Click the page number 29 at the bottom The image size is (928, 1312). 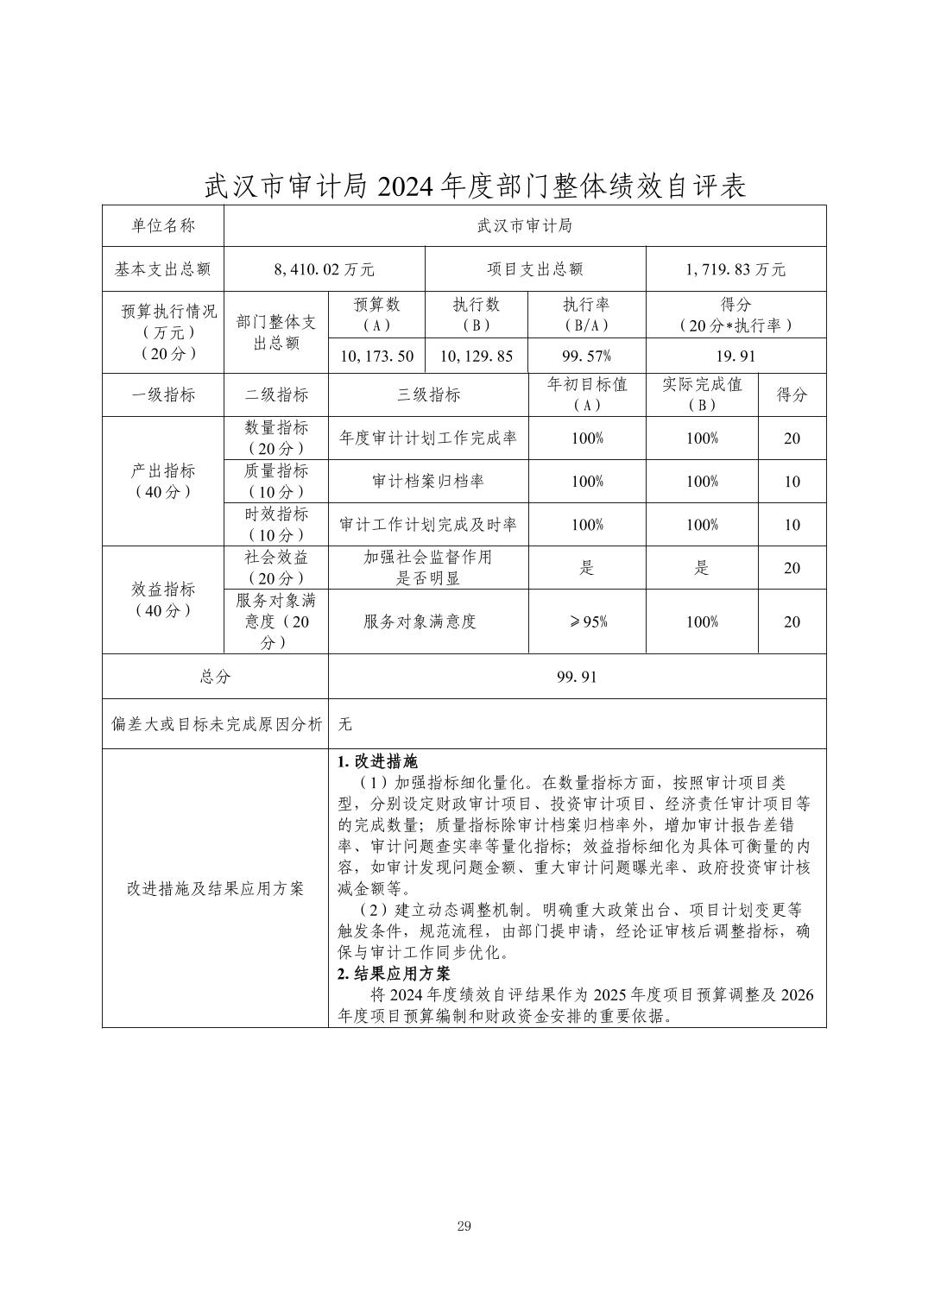464,1227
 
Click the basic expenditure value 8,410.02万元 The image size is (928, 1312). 324,269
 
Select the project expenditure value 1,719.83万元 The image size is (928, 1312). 735,269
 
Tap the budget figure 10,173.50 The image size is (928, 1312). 377,356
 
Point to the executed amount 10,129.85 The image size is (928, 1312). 477,356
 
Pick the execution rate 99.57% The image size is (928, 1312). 587,356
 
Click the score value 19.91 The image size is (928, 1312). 735,356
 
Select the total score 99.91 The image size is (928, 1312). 577,677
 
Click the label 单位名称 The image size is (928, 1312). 163,225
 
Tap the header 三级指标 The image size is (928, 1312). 428,394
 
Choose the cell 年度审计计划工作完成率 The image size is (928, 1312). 428,438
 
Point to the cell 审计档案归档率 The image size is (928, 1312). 428,481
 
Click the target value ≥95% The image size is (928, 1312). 587,621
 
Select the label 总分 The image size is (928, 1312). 215,677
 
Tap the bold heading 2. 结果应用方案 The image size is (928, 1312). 394,974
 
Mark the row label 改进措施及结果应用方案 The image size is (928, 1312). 215,888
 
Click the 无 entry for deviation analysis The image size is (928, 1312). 345,723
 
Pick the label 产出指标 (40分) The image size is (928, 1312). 163,481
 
